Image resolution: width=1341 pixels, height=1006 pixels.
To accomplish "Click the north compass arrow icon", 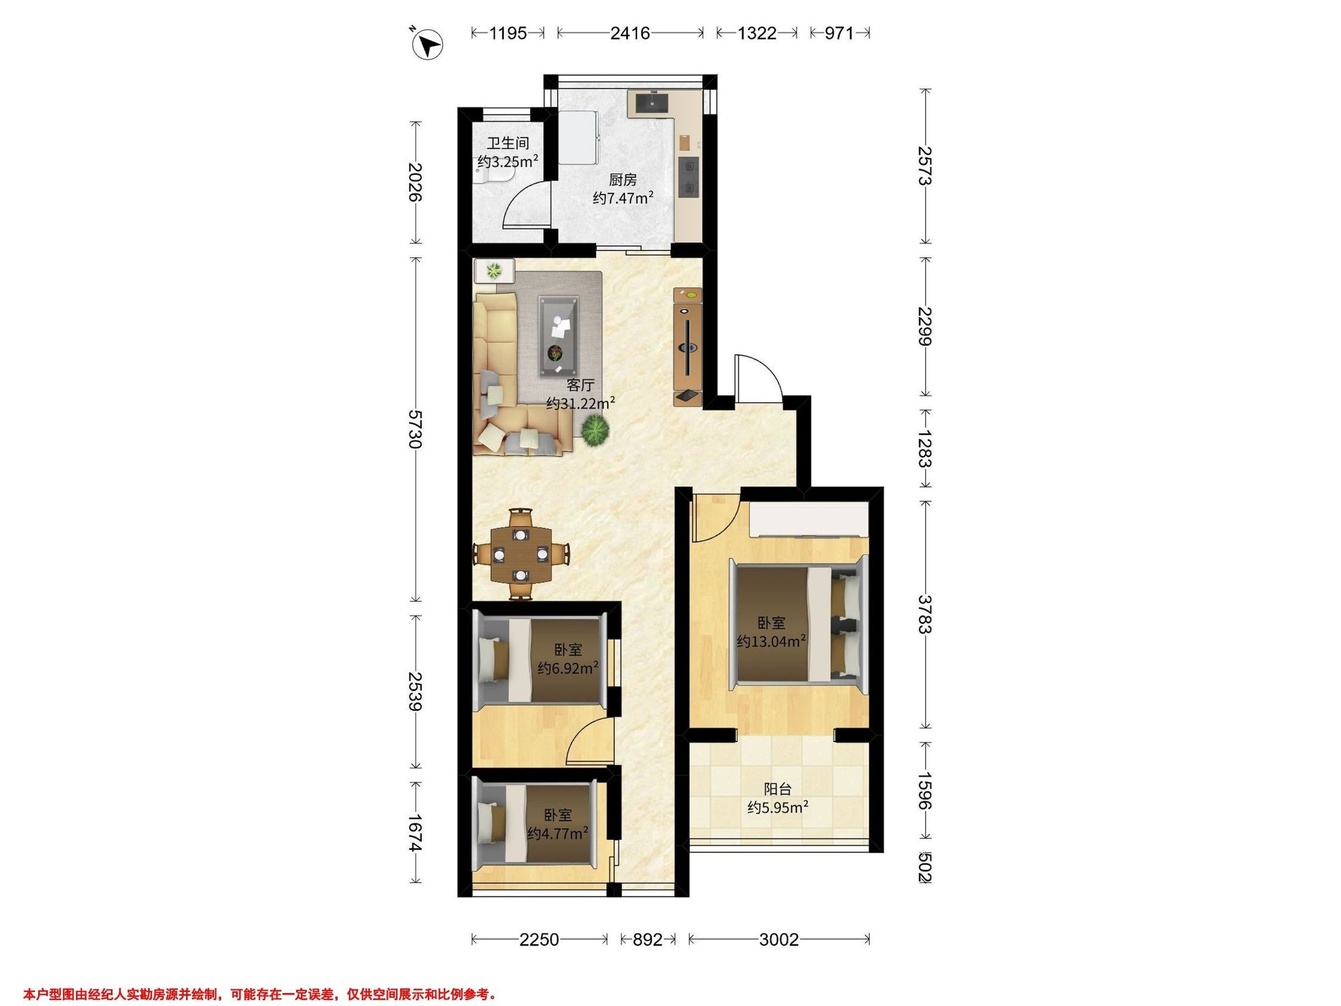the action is click(x=427, y=44).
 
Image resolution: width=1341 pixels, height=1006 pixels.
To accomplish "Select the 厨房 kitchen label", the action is click(x=622, y=179).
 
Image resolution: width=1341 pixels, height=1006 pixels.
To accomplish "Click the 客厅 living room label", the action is click(x=580, y=385).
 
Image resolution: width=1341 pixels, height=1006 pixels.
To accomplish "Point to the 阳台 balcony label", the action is click(x=777, y=789).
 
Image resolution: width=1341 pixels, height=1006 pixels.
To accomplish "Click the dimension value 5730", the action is click(x=416, y=429).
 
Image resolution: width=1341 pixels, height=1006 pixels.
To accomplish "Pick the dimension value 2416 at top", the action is click(x=630, y=33).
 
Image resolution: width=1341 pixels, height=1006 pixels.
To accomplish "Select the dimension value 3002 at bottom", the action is click(x=778, y=940).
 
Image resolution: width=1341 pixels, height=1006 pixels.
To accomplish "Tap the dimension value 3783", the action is click(x=924, y=614).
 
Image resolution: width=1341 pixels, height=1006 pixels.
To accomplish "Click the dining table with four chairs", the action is click(x=521, y=554).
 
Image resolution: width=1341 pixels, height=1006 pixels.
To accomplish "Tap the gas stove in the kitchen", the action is click(x=689, y=177).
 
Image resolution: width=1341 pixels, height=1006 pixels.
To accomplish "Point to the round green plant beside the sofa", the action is click(x=595, y=431).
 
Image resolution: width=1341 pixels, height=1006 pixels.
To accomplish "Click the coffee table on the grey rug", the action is click(x=559, y=337).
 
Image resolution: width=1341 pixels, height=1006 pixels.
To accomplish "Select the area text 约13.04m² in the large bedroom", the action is click(x=771, y=641).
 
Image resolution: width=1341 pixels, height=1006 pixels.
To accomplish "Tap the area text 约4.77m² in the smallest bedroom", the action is click(x=557, y=833).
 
